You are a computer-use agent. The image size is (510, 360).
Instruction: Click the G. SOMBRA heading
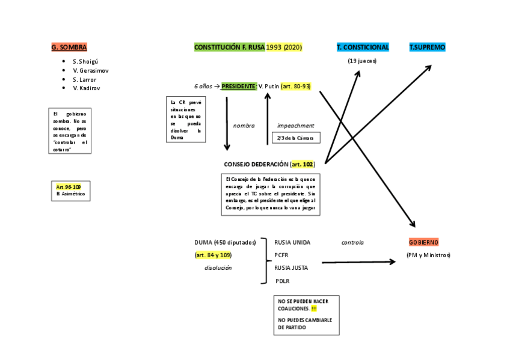pyautogui.click(x=69, y=47)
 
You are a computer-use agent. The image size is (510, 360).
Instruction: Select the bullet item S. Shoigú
pyautogui.click(x=85, y=62)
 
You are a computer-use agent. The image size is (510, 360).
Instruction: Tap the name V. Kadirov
pyautogui.click(x=87, y=88)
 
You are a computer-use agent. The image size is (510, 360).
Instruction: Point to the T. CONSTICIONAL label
pyautogui.click(x=363, y=47)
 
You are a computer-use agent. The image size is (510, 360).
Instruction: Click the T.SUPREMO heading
pyautogui.click(x=428, y=47)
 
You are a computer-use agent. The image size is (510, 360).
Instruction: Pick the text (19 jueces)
pyautogui.click(x=362, y=61)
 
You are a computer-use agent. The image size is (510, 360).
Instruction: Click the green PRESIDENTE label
pyautogui.click(x=239, y=86)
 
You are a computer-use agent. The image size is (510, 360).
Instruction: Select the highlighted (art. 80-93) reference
pyautogui.click(x=295, y=86)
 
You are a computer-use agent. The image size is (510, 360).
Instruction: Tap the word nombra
pyautogui.click(x=244, y=126)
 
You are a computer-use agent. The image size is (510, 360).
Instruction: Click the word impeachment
pyautogui.click(x=295, y=126)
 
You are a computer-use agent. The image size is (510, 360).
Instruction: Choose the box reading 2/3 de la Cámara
pyautogui.click(x=296, y=138)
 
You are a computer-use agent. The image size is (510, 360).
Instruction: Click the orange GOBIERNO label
pyautogui.click(x=423, y=242)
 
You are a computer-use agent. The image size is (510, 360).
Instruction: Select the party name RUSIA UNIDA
pyautogui.click(x=292, y=242)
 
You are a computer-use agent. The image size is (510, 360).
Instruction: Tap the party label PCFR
pyautogui.click(x=281, y=255)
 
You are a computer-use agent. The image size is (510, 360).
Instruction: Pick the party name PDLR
pyautogui.click(x=283, y=281)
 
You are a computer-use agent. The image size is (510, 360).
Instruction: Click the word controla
pyautogui.click(x=352, y=243)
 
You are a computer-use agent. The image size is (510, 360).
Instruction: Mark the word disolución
pyautogui.click(x=218, y=268)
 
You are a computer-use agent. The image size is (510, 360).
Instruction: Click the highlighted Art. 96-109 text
pyautogui.click(x=69, y=187)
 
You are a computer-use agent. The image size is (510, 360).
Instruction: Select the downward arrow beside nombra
pyautogui.click(x=227, y=123)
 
